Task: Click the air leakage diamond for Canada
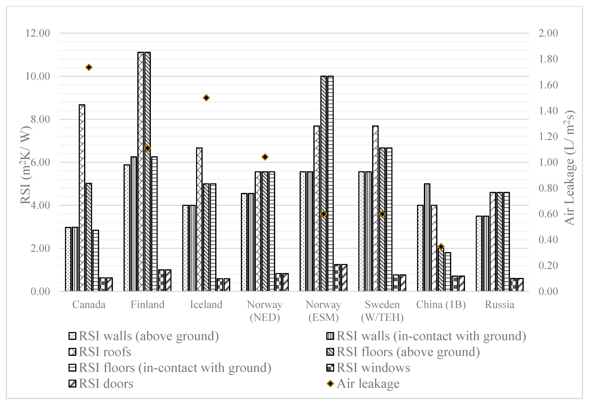coord(89,67)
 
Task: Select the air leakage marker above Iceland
coord(206,98)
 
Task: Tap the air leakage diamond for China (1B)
coord(441,247)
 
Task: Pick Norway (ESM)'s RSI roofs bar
coord(317,208)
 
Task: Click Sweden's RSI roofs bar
coord(375,208)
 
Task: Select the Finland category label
coord(147,304)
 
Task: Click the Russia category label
coord(499,304)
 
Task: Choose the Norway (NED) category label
coord(265,311)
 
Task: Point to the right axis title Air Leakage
coord(569,168)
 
